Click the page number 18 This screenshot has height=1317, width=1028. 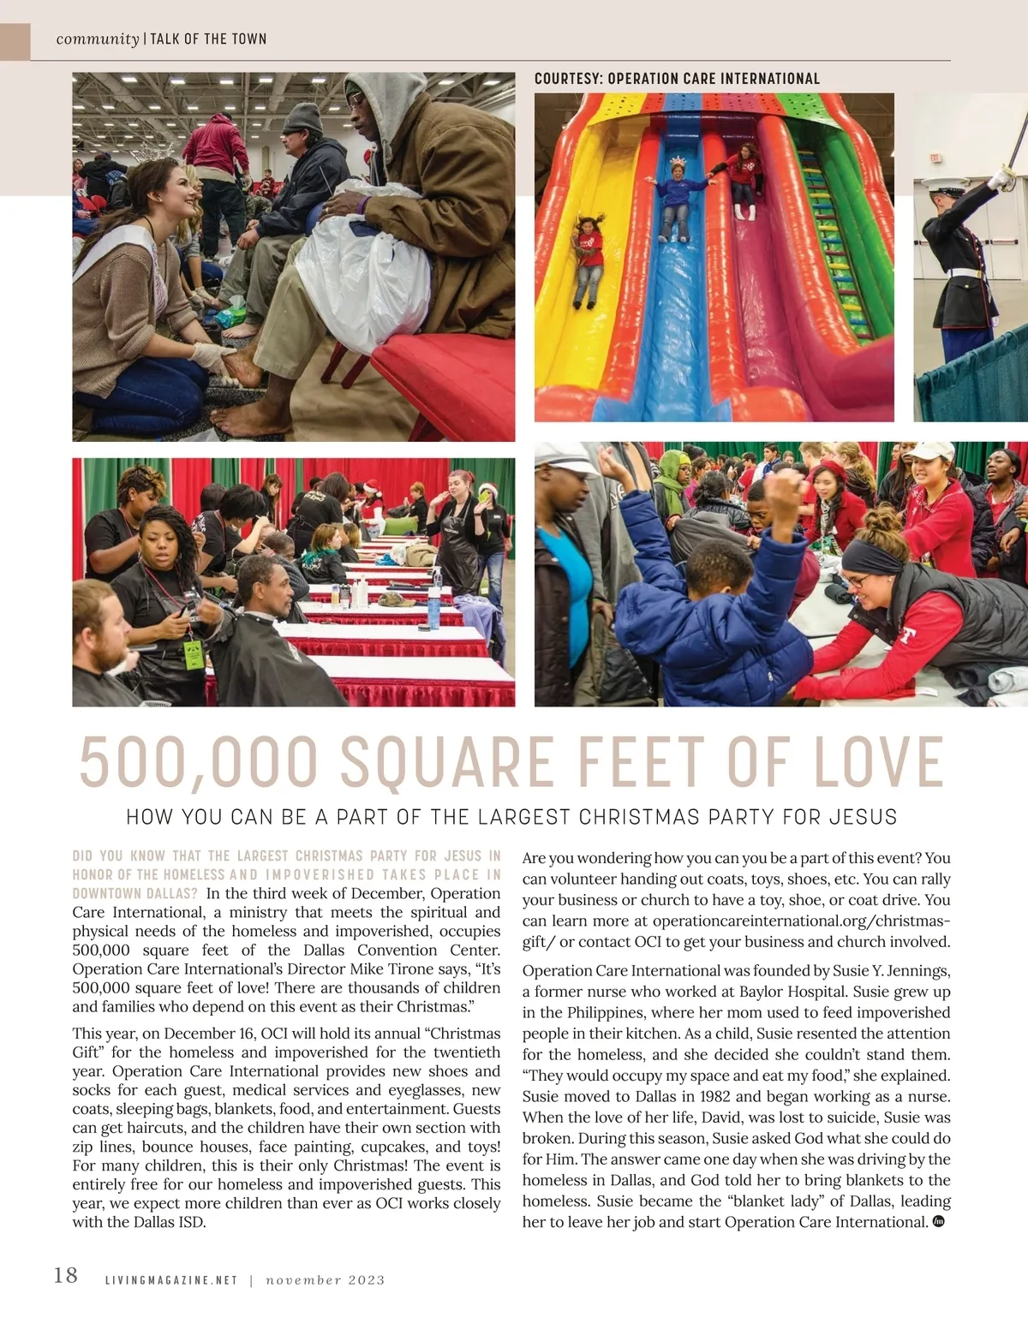pyautogui.click(x=65, y=1275)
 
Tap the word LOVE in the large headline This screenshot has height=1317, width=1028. pyautogui.click(x=878, y=761)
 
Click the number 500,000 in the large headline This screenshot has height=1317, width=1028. pyautogui.click(x=198, y=761)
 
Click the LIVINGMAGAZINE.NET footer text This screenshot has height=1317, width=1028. pyautogui.click(x=170, y=1280)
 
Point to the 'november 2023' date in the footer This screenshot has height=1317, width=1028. pyautogui.click(x=325, y=1280)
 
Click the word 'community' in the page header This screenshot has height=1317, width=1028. pyautogui.click(x=97, y=39)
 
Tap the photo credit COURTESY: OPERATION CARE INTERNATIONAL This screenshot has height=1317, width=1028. pyautogui.click(x=677, y=79)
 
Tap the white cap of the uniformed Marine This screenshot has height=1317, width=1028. pyautogui.click(x=934, y=184)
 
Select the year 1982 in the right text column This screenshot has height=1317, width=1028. pyautogui.click(x=715, y=1096)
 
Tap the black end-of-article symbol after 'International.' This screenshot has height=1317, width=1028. pyautogui.click(x=938, y=1221)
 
